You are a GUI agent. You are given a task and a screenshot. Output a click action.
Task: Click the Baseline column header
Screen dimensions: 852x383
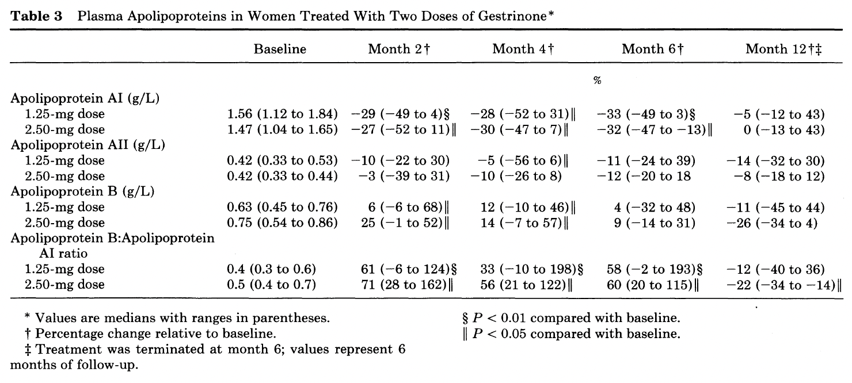click(x=280, y=49)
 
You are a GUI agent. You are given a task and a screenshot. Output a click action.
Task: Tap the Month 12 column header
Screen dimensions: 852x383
click(x=783, y=49)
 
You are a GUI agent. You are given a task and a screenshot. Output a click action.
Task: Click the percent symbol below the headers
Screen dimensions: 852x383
click(x=597, y=80)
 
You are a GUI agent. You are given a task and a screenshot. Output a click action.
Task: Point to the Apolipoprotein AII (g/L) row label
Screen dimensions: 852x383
click(x=88, y=145)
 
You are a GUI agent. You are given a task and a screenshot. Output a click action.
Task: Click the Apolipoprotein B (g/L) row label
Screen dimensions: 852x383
click(x=82, y=191)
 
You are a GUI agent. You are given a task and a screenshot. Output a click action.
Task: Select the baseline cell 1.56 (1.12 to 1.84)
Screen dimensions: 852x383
click(x=282, y=114)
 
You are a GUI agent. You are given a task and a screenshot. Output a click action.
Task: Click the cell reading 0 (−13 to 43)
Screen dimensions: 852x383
click(x=784, y=130)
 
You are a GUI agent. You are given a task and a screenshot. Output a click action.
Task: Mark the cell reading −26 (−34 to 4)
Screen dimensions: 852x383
click(x=772, y=223)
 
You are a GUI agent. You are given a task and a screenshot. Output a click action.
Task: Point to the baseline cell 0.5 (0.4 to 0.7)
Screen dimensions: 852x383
click(x=272, y=285)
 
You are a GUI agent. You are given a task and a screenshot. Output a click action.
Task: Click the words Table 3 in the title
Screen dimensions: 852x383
click(x=36, y=16)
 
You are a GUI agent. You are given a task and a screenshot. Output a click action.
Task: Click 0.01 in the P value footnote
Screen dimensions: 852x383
click(x=514, y=317)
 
